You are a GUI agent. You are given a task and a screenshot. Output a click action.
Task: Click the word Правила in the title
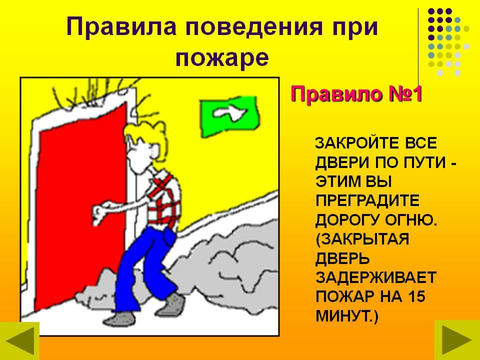point(121,27)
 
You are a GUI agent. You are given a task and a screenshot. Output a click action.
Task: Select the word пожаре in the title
point(222,58)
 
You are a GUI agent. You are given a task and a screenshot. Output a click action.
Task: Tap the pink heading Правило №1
point(356,93)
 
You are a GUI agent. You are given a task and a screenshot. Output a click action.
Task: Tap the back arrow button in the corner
point(19,340)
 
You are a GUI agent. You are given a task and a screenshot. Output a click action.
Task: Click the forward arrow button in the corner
point(457,340)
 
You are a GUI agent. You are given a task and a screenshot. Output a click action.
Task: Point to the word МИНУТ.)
point(347,316)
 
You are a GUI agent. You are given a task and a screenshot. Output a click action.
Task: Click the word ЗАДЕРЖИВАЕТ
point(375,277)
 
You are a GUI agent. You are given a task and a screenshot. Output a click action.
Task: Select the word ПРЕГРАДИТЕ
point(367,201)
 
